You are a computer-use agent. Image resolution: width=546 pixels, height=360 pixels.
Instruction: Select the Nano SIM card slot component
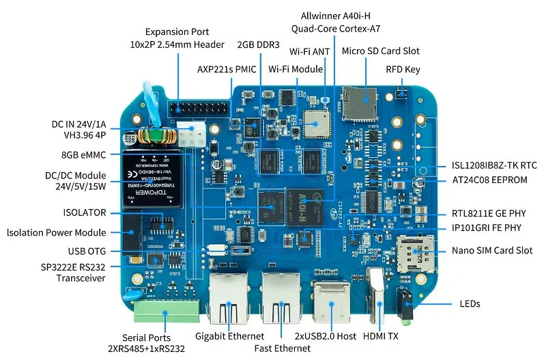(414, 253)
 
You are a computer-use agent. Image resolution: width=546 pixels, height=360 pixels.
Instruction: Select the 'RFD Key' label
(403, 69)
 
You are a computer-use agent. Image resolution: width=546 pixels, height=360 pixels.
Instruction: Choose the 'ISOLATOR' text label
(84, 212)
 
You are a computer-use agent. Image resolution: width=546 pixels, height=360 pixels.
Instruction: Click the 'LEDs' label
(470, 303)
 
